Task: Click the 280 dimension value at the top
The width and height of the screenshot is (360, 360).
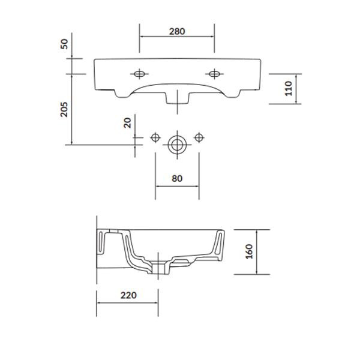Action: pyautogui.click(x=176, y=31)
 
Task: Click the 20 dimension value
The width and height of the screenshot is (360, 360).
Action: pyautogui.click(x=127, y=123)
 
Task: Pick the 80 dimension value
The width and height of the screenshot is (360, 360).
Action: pyautogui.click(x=177, y=178)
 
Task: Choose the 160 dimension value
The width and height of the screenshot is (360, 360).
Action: pyautogui.click(x=248, y=251)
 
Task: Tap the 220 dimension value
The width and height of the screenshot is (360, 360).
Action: pyautogui.click(x=128, y=295)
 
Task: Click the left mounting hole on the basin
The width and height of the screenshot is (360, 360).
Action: pyautogui.click(x=139, y=74)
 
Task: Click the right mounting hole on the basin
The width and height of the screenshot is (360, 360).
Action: pyautogui.click(x=214, y=74)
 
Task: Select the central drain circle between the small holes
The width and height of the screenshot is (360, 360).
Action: pyautogui.click(x=177, y=144)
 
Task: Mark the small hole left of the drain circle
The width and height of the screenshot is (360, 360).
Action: pyautogui.click(x=155, y=138)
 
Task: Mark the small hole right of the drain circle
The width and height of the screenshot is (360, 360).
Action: pyautogui.click(x=199, y=138)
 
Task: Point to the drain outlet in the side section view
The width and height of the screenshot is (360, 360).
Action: pyautogui.click(x=160, y=267)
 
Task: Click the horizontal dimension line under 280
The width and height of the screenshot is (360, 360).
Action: pyautogui.click(x=176, y=36)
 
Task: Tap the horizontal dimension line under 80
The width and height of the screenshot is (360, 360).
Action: pyautogui.click(x=177, y=186)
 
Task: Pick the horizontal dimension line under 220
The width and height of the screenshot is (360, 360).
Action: pyautogui.click(x=128, y=302)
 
